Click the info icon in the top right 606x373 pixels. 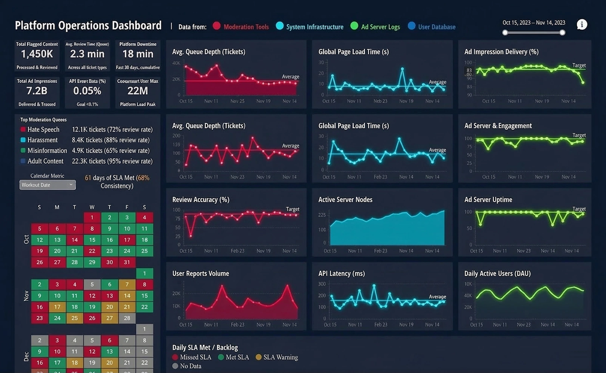582,25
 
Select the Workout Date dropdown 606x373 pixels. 47,185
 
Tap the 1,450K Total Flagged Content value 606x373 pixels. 37,54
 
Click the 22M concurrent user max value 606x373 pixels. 137,91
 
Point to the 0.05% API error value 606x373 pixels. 87,91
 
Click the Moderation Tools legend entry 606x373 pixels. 245,27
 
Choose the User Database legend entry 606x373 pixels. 436,27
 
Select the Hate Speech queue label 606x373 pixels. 43,129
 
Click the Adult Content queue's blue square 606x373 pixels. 23,161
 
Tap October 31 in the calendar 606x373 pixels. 127,262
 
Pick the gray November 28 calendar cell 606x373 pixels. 127,318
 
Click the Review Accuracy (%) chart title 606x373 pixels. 201,200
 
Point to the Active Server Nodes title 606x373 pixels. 345,200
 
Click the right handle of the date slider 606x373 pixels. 562,33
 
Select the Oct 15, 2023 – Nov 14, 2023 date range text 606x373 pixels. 534,23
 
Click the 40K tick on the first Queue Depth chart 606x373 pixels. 176,63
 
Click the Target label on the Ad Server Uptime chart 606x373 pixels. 579,209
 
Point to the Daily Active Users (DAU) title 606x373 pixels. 497,273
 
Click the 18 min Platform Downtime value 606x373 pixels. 137,54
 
